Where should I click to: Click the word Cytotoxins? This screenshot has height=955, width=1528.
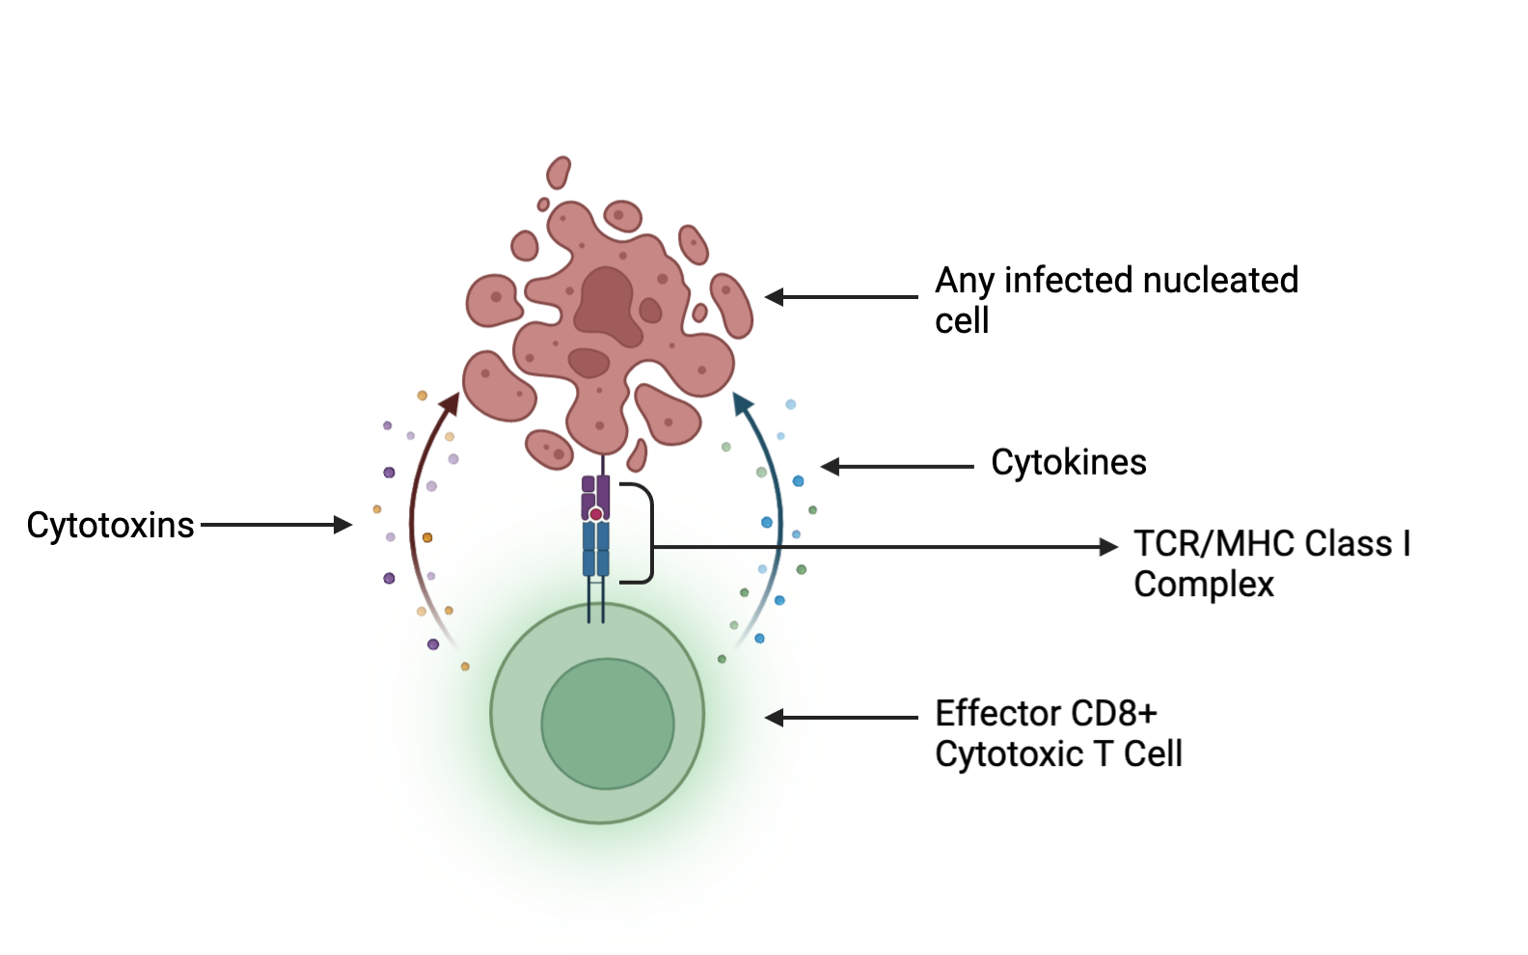(110, 526)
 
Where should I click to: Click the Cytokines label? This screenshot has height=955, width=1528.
(1069, 463)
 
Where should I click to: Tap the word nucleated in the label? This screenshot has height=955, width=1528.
(1219, 281)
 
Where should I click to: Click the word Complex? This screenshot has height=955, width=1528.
(1203, 585)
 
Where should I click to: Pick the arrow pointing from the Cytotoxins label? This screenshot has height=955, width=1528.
(275, 525)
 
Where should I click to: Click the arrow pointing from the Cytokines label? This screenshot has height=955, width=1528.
(897, 467)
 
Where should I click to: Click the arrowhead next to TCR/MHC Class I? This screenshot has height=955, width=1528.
(1108, 547)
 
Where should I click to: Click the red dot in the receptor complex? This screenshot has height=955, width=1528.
(596, 514)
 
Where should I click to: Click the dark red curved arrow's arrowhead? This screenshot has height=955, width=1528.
(450, 403)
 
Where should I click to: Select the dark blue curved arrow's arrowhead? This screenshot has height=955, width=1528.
(742, 403)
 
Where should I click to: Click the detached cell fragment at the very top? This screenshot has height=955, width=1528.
(559, 173)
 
